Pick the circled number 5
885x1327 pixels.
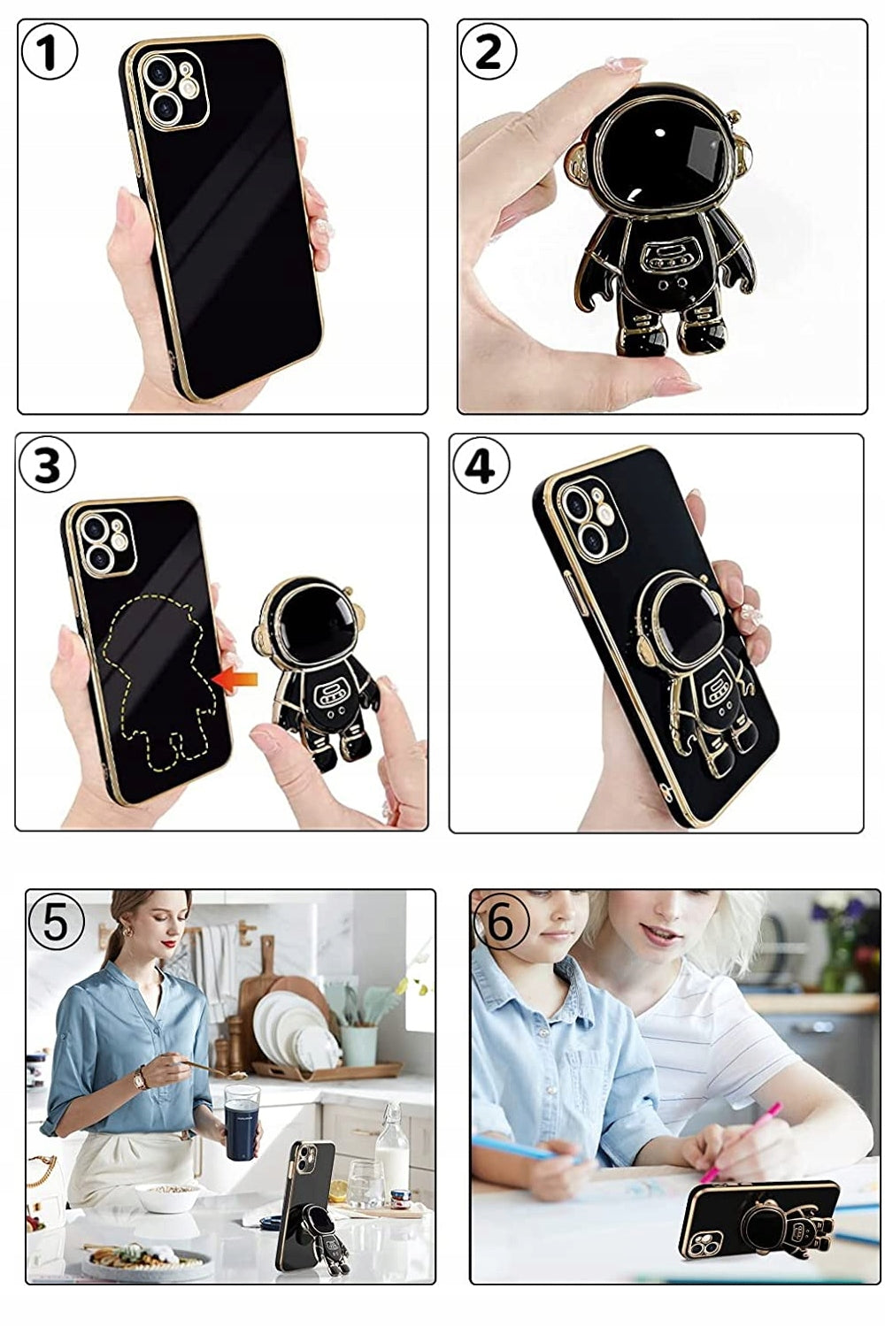[56, 923]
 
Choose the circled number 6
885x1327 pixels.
[501, 924]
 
